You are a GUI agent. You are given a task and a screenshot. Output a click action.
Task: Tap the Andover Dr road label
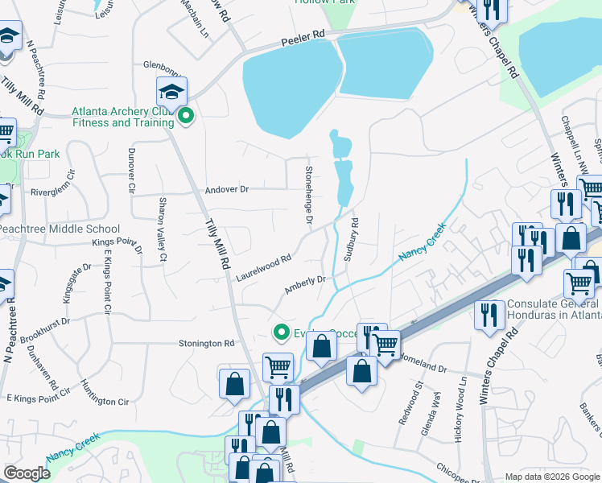point(227,189)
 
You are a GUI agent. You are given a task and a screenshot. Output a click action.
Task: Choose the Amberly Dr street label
point(304,285)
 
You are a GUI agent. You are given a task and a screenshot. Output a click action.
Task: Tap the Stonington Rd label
point(206,344)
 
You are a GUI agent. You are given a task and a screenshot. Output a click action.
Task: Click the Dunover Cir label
point(130,171)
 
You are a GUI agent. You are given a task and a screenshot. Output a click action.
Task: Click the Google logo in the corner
point(27,473)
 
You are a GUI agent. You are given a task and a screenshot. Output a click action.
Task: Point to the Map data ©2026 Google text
point(551,477)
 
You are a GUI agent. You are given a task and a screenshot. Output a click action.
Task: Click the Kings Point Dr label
point(117,242)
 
